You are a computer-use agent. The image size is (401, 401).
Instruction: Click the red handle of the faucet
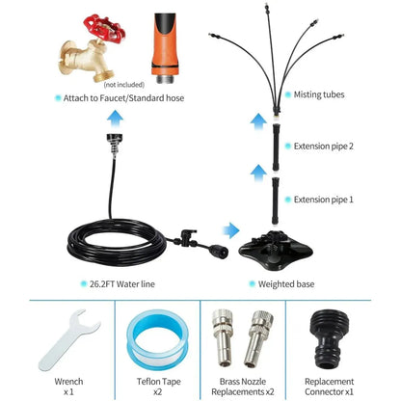(x=104, y=28)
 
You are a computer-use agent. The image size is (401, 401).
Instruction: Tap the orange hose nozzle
(x=165, y=48)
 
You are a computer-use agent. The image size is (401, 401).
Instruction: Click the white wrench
(x=68, y=340)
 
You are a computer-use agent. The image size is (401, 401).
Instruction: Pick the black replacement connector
(x=329, y=339)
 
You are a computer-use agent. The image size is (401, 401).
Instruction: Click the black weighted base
(x=276, y=249)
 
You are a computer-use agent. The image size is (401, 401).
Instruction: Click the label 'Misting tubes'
(x=319, y=94)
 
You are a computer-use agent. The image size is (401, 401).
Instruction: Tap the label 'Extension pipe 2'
(x=323, y=147)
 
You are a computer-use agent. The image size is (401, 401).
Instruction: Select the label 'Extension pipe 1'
(x=323, y=200)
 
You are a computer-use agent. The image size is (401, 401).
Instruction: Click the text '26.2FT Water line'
(x=122, y=284)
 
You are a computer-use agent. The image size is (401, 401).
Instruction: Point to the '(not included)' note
(x=123, y=85)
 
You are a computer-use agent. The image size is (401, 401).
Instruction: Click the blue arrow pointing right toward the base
(x=231, y=230)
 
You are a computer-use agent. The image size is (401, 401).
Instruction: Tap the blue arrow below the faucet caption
(x=115, y=119)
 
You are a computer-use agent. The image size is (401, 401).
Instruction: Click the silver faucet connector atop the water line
(x=115, y=144)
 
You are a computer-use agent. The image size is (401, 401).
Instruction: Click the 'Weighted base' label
(x=286, y=284)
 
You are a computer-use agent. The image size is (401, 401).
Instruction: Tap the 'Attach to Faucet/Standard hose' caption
(x=123, y=98)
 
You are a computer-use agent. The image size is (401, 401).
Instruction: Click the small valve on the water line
(x=187, y=238)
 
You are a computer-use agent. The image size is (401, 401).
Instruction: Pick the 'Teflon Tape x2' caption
(x=158, y=387)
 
